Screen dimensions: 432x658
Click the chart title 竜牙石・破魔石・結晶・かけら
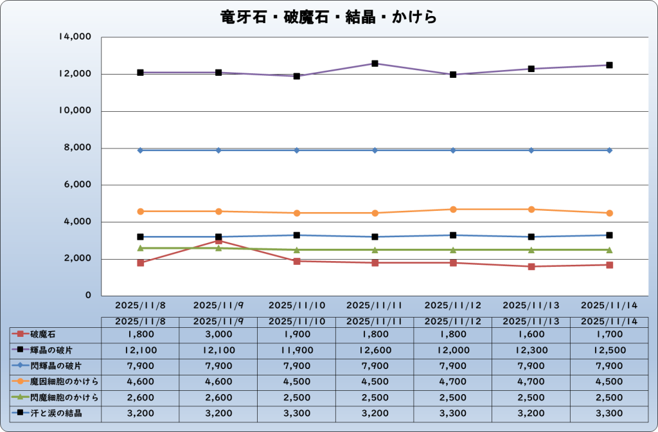pyautogui.click(x=328, y=16)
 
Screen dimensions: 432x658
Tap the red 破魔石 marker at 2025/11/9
pyautogui.click(x=218, y=241)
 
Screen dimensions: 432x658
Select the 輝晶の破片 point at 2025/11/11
pyautogui.click(x=375, y=64)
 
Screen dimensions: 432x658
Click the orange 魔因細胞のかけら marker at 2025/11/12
pyautogui.click(x=453, y=210)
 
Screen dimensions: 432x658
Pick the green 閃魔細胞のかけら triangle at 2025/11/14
pyautogui.click(x=609, y=250)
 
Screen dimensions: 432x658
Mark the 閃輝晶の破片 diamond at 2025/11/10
pyautogui.click(x=297, y=150)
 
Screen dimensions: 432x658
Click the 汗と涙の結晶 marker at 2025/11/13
pyautogui.click(x=531, y=237)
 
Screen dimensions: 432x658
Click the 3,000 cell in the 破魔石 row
pyautogui.click(x=218, y=334)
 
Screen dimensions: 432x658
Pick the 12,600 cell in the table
pyautogui.click(x=375, y=350)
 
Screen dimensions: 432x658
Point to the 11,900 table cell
pyautogui.click(x=297, y=350)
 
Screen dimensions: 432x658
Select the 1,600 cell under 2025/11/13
pyautogui.click(x=531, y=334)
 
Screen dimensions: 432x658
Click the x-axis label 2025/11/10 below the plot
pyautogui.click(x=297, y=305)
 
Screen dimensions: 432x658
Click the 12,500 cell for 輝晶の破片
pyautogui.click(x=609, y=350)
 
